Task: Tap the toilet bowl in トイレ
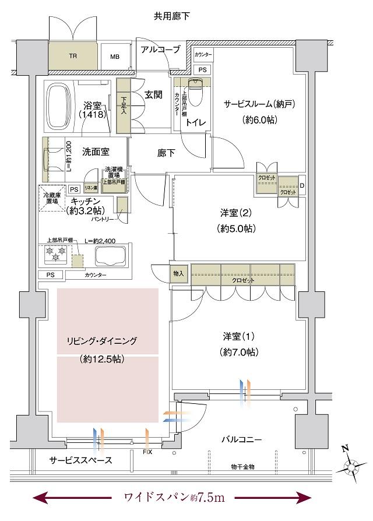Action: coord(196,90)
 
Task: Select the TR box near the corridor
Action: coord(73,57)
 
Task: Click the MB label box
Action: coord(114,57)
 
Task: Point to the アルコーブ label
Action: coord(160,50)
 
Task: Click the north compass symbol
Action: coord(353,466)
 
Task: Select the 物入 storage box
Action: coord(179,273)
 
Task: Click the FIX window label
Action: coord(147,452)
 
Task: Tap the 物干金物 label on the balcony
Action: coord(242,467)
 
